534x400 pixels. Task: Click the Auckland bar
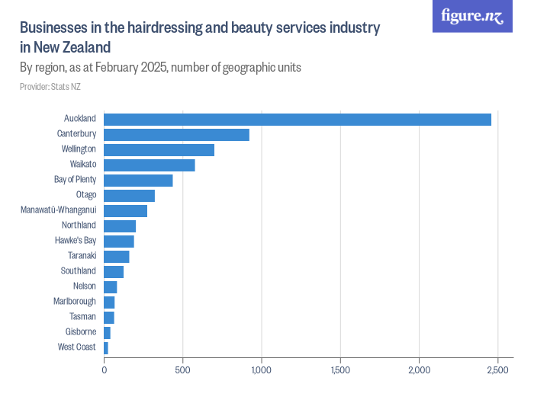tap(298, 119)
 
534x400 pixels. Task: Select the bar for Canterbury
tap(176, 134)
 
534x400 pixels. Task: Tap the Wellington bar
tap(159, 149)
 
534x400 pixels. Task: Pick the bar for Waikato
tap(150, 165)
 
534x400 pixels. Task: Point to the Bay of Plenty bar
tap(138, 180)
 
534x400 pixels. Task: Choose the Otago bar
tap(129, 195)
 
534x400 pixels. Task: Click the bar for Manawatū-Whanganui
tap(125, 210)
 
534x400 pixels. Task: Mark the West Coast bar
tap(106, 347)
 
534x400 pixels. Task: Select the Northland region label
tap(79, 226)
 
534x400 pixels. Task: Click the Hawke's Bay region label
tap(76, 241)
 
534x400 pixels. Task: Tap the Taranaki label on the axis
tap(82, 256)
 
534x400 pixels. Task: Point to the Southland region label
tap(79, 271)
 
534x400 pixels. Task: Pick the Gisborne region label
tap(81, 332)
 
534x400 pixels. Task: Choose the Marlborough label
tap(75, 302)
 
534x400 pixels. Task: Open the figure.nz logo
tap(472, 16)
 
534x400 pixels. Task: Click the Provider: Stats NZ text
tap(50, 87)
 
